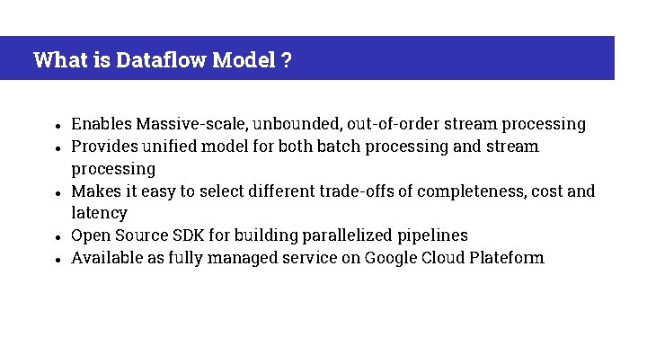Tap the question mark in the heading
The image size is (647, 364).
coord(286,60)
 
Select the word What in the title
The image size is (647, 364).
coord(58,60)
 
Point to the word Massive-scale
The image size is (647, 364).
coord(186,124)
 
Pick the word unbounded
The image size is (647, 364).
coord(296,124)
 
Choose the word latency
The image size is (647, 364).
coord(99,214)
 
